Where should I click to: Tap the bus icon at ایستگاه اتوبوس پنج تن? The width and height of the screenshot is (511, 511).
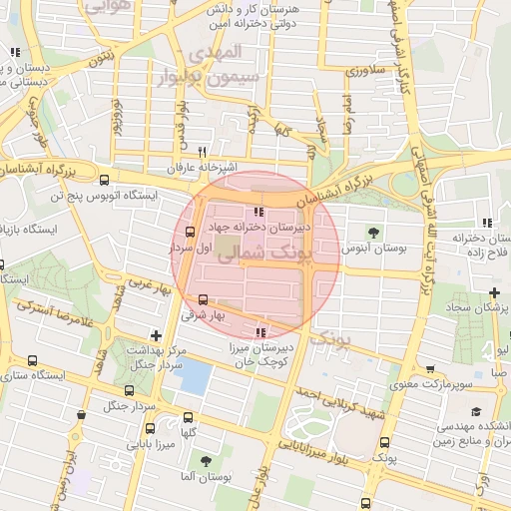coord(104,180)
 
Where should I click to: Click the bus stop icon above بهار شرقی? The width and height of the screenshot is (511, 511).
coord(204,298)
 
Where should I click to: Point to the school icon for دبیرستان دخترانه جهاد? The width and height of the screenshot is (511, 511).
coord(259,212)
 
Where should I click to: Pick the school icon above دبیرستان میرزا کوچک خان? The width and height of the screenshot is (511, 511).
coord(261,331)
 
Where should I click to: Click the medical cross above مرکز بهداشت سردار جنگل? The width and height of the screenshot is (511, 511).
coord(154,336)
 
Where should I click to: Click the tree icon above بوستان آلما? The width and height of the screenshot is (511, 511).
coord(206,461)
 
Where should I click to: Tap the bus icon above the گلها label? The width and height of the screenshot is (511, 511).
coord(189,419)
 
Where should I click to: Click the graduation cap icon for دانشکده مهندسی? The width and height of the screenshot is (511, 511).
coord(476,411)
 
